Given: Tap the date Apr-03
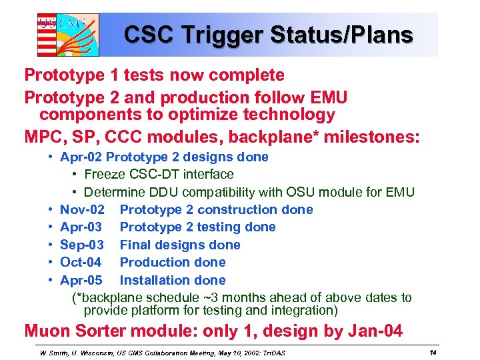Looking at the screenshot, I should pyautogui.click(x=81, y=227).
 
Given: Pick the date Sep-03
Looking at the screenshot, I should pyautogui.click(x=81, y=245).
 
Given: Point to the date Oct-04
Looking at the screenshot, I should pyautogui.click(x=81, y=263).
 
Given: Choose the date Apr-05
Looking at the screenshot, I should pyautogui.click(x=81, y=281).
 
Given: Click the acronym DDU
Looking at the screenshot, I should pyautogui.click(x=160, y=193).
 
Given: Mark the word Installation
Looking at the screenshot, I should pyautogui.click(x=153, y=281).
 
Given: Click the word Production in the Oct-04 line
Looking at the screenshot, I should pyautogui.click(x=154, y=263).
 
